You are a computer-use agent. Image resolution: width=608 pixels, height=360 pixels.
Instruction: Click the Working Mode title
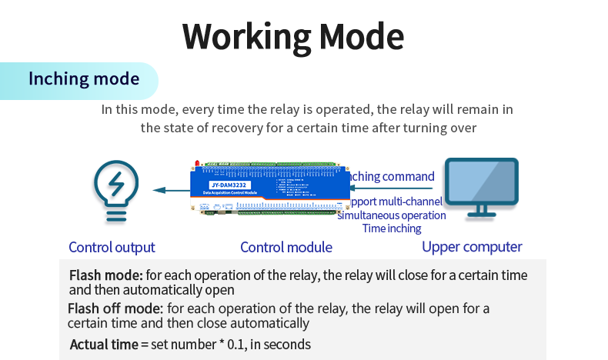tap(293, 36)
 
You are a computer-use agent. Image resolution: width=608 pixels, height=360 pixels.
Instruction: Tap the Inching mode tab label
tap(84, 79)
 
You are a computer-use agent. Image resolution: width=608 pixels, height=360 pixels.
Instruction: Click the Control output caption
tap(112, 247)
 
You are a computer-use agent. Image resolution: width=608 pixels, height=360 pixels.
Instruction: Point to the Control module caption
tap(286, 247)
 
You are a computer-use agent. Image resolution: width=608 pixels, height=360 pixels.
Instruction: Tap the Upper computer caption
tap(472, 247)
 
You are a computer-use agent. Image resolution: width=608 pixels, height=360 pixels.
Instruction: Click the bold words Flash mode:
tap(106, 275)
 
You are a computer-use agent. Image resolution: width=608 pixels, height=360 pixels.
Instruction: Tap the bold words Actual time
tap(103, 344)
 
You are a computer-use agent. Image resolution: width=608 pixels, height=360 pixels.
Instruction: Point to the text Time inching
tap(392, 228)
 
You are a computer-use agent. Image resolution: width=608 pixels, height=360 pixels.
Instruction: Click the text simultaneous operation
tap(392, 215)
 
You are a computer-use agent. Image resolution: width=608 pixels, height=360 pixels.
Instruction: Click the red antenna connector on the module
tap(198, 164)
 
